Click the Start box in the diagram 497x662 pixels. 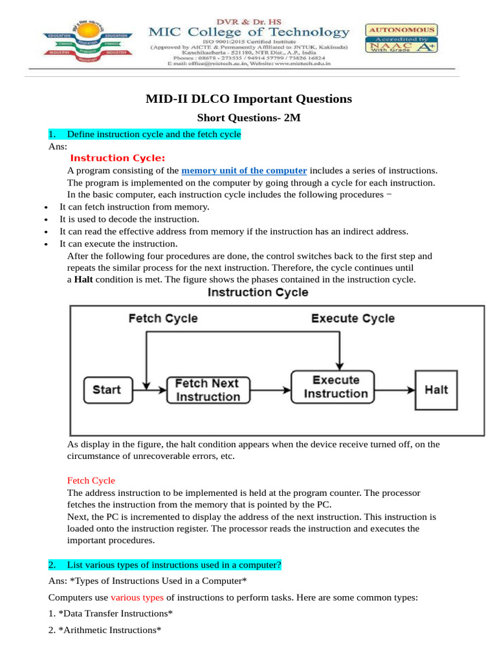(107, 389)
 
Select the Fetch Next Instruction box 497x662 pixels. (207, 390)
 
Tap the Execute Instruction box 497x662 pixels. (335, 387)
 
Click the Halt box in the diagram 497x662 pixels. (436, 390)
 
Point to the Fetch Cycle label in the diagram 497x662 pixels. (163, 318)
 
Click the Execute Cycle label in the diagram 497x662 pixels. (353, 318)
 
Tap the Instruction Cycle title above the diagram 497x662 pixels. (258, 292)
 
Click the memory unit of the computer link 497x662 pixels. (244, 171)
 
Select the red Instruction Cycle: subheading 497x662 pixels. (118, 158)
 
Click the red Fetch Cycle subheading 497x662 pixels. (91, 480)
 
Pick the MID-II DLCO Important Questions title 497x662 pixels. (248, 99)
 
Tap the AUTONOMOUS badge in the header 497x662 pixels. (401, 30)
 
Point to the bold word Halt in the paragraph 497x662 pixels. (83, 280)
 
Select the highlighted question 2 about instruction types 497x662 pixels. (165, 565)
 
